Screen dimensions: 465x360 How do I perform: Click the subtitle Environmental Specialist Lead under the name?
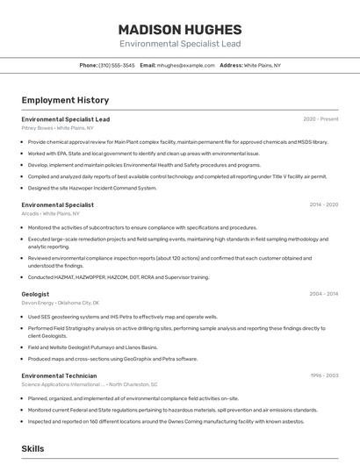[x=179, y=43]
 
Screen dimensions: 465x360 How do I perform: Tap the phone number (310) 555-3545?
[x=117, y=65]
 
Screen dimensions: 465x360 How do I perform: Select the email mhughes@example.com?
[x=185, y=65]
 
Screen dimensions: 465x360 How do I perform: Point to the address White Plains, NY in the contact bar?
[x=262, y=65]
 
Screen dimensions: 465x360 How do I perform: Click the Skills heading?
[x=32, y=448]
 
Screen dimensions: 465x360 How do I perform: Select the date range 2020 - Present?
[x=320, y=118]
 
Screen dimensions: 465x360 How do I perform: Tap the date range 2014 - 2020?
[x=323, y=204]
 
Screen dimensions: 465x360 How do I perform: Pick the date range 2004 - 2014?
[x=323, y=294]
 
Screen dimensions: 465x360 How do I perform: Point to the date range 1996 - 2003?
[x=323, y=376]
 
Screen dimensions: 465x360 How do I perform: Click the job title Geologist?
[x=36, y=294]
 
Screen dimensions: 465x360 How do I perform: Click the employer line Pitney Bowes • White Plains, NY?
[x=58, y=127]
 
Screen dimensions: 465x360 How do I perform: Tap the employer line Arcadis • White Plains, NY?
[x=51, y=213]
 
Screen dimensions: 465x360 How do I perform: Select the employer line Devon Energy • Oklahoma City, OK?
[x=61, y=303]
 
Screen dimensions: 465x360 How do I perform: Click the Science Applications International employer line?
[x=90, y=384]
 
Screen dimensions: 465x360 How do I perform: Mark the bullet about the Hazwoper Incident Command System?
[x=92, y=188]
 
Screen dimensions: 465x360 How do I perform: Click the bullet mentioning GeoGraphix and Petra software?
[x=112, y=358]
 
